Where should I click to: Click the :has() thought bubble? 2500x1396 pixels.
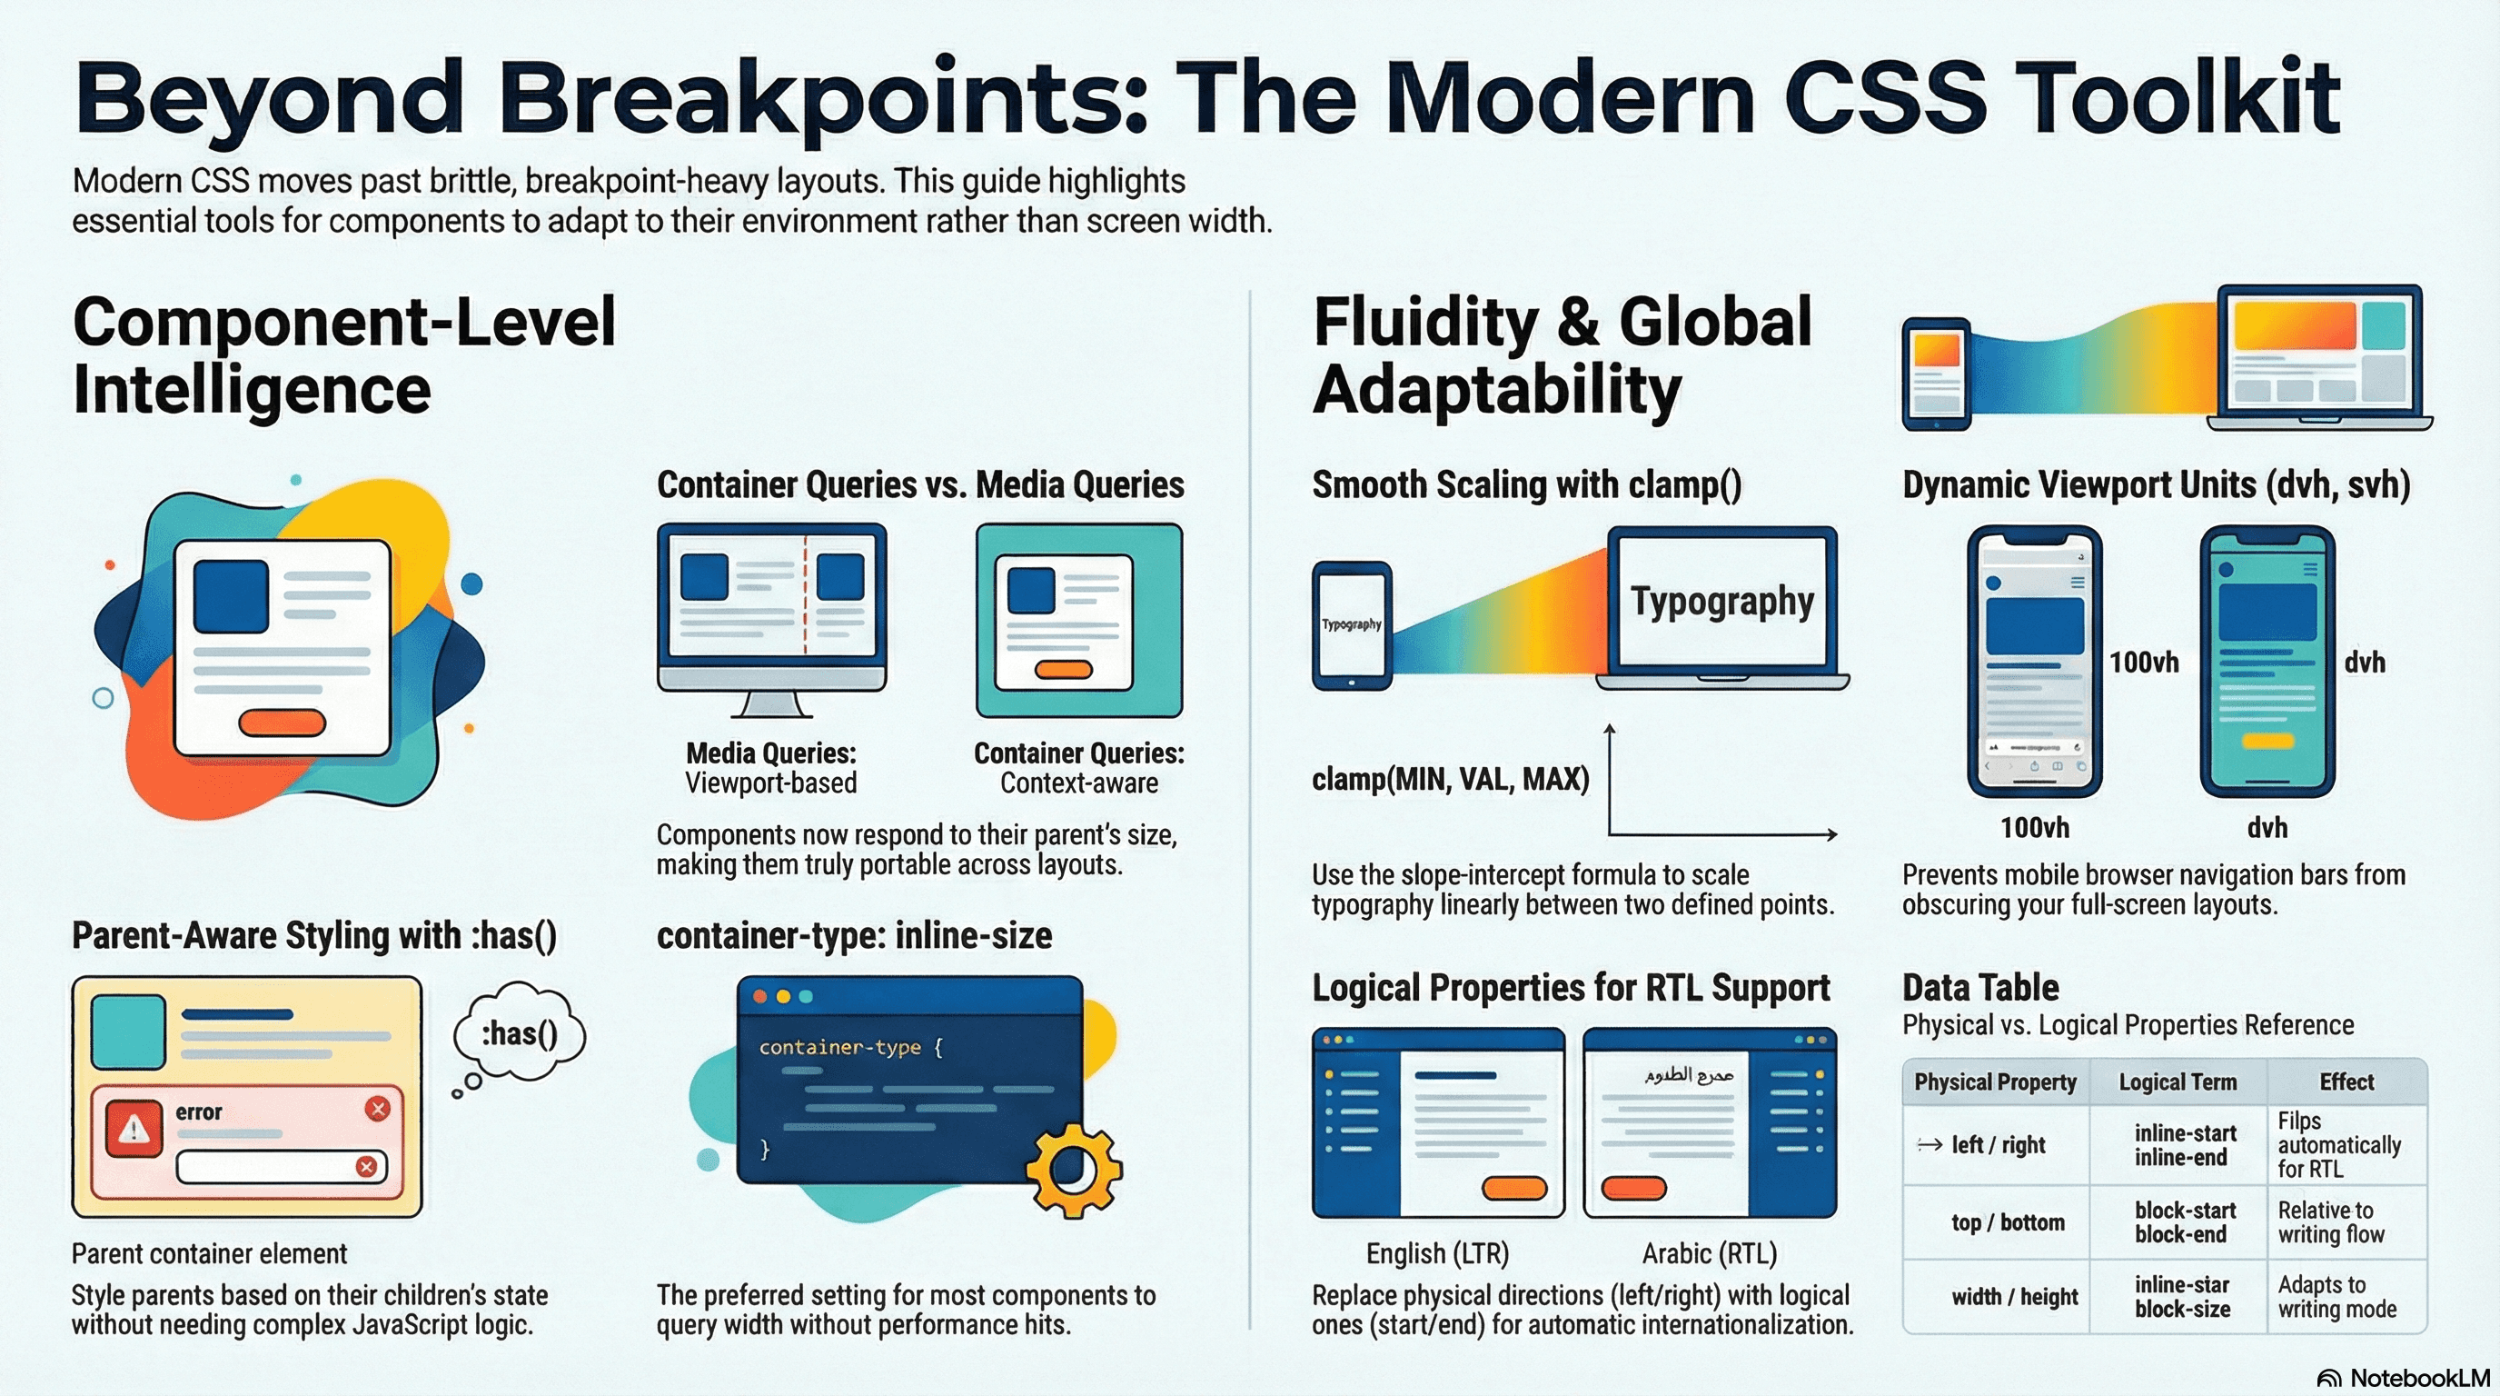point(520,1034)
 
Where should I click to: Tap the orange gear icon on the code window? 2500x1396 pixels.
point(1072,1170)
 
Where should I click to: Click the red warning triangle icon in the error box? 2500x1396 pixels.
point(134,1128)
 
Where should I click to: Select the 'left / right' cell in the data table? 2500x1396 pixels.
point(1998,1145)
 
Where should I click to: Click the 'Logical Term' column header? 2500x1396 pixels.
point(2177,1082)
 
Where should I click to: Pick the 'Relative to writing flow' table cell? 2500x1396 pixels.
point(2330,1222)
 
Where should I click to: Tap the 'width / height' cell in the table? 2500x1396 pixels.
point(2014,1297)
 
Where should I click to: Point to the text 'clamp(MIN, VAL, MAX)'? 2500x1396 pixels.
point(1450,779)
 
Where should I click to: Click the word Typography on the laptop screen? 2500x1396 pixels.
point(1721,602)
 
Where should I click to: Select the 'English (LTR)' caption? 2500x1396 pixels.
point(1437,1253)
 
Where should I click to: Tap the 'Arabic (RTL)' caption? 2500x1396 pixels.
point(1709,1253)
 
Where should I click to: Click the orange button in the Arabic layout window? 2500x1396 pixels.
point(1633,1187)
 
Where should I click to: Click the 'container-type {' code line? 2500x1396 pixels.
point(850,1048)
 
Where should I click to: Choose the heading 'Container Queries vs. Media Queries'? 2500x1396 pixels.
point(920,484)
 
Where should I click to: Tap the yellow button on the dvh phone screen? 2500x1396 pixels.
point(2267,741)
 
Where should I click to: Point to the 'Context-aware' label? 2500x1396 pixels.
point(1078,783)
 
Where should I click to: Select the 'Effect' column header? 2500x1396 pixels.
point(2346,1082)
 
